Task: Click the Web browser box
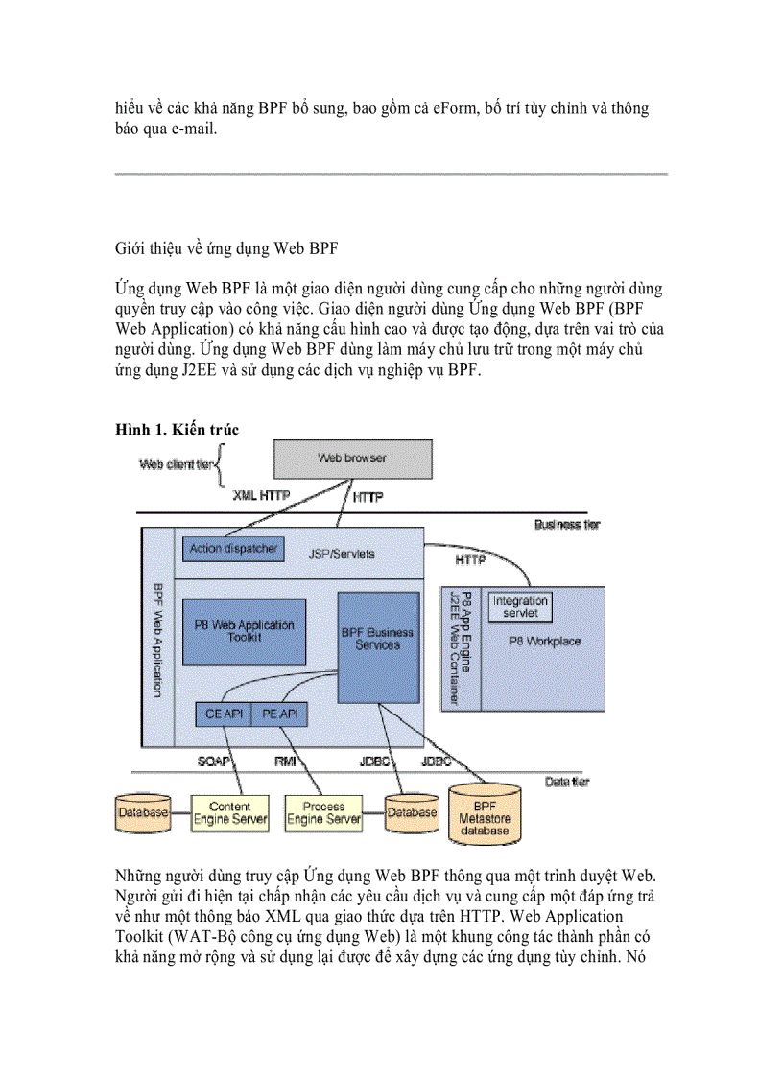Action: pos(351,458)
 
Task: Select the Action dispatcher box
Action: pos(233,550)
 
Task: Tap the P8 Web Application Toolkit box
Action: pos(243,631)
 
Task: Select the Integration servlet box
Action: pos(520,606)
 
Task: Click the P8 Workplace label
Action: pos(546,642)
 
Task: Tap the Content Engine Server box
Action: pos(230,813)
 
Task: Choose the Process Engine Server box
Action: pos(324,813)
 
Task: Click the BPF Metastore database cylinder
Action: pos(485,812)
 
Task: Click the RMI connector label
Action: pos(285,762)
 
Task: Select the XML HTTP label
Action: pos(261,496)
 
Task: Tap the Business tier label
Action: pos(569,525)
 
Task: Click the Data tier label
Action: pos(567,783)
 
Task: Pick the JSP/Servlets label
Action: pos(342,553)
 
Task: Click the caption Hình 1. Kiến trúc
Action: pos(177,431)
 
